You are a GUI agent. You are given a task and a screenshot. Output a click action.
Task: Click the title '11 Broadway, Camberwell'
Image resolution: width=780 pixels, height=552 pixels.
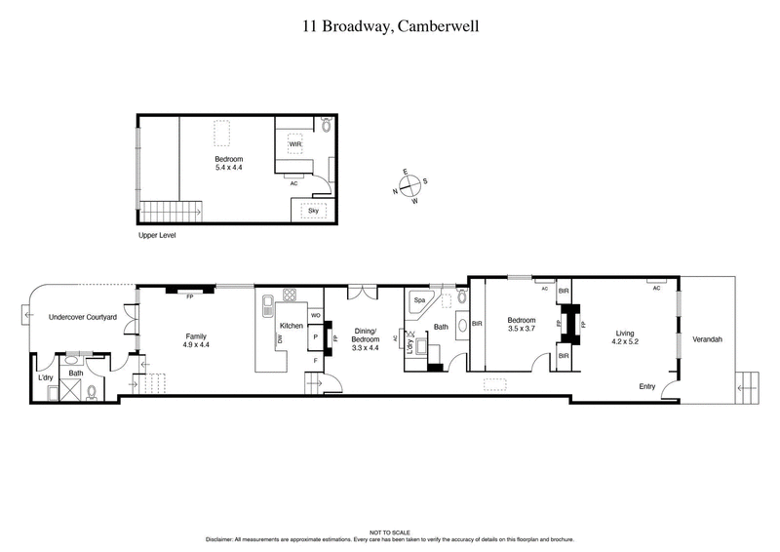tap(389, 28)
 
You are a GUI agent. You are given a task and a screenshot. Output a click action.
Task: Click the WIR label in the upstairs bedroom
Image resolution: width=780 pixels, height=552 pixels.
tap(293, 145)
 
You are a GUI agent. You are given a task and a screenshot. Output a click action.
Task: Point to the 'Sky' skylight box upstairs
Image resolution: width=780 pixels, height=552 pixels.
tap(313, 210)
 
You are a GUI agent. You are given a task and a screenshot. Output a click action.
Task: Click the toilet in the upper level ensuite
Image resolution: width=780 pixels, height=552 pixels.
tap(327, 125)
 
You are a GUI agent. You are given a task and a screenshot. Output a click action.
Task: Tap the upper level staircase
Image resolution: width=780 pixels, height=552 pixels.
tap(172, 211)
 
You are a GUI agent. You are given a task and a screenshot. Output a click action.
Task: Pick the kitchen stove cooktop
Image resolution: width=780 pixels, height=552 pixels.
tap(290, 296)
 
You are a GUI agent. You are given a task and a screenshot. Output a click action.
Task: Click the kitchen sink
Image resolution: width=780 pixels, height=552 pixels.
tap(267, 311)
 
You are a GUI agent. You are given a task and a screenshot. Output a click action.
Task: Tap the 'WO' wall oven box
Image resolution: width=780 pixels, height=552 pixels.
tap(315, 316)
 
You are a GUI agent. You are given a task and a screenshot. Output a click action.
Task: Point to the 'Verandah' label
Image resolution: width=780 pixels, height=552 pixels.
tap(708, 339)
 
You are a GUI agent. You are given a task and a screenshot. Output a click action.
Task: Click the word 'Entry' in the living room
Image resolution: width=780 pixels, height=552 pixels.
tap(647, 386)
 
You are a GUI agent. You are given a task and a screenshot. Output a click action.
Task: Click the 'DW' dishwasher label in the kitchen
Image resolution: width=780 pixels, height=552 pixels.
tap(280, 337)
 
